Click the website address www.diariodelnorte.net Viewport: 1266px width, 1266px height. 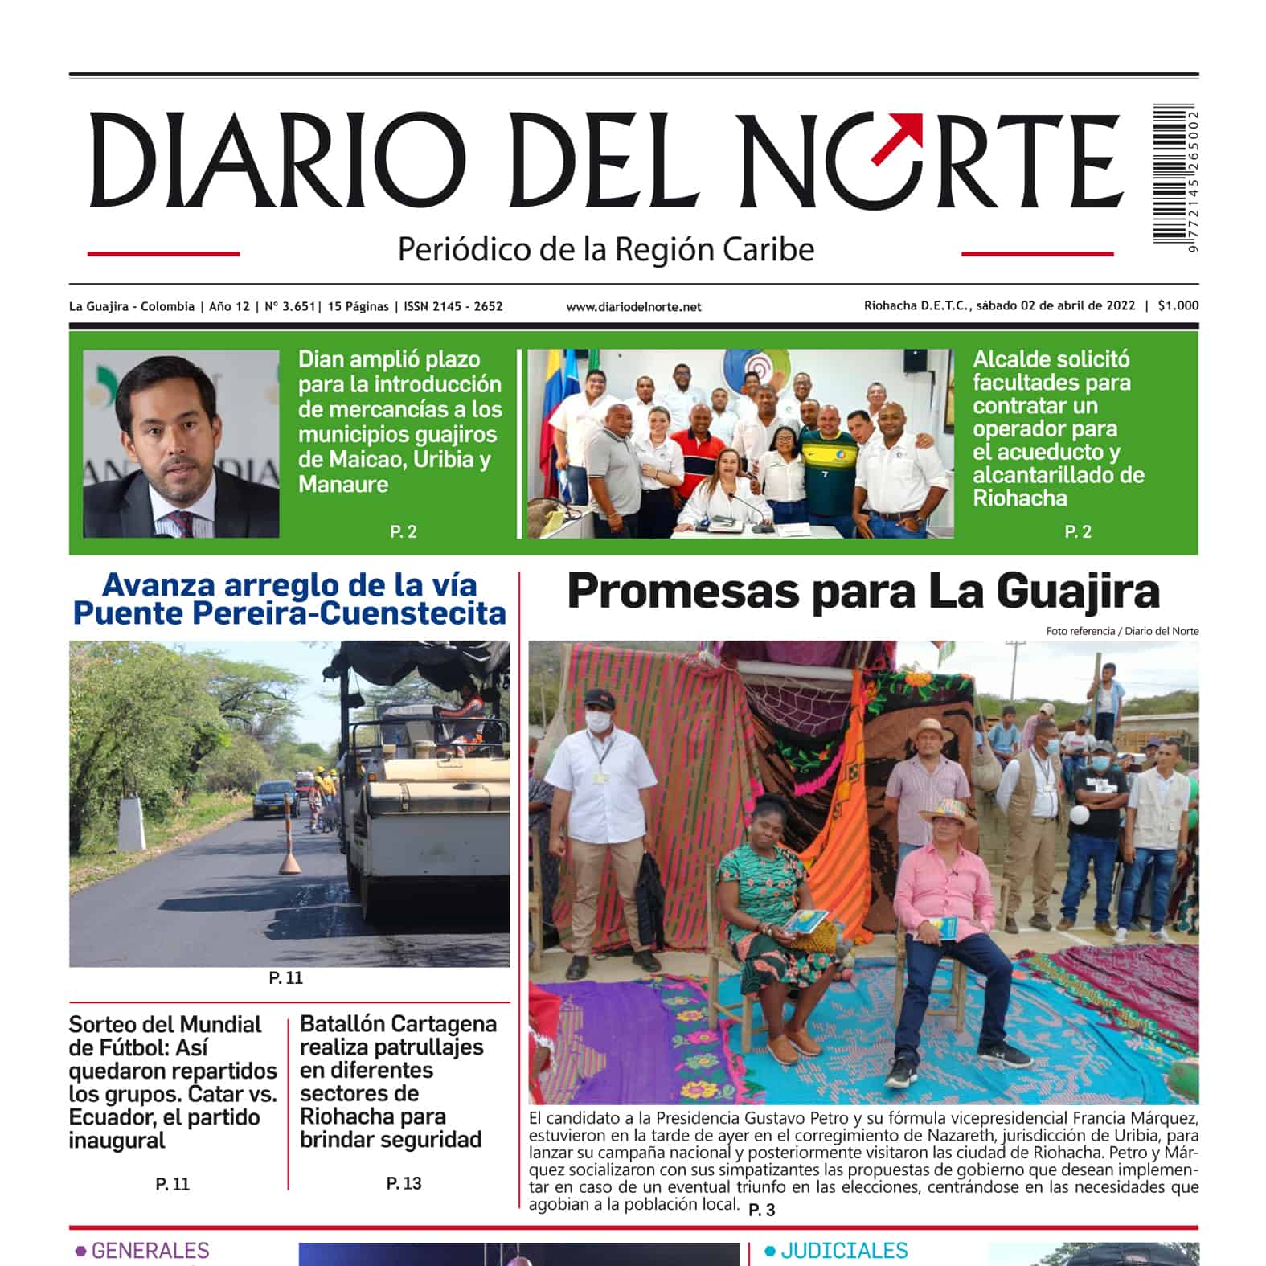pyautogui.click(x=633, y=307)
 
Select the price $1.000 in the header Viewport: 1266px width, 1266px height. pyautogui.click(x=1178, y=305)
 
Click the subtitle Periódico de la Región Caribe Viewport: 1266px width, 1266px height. pyautogui.click(x=606, y=249)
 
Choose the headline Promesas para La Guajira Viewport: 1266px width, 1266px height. pyautogui.click(x=862, y=592)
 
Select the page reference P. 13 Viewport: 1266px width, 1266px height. pyautogui.click(x=404, y=1183)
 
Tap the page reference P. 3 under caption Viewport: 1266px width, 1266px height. pyautogui.click(x=761, y=1210)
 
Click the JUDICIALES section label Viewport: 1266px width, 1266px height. pyautogui.click(x=844, y=1251)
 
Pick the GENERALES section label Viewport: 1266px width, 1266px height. pyautogui.click(x=150, y=1251)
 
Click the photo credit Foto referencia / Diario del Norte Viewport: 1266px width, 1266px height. pyautogui.click(x=1121, y=631)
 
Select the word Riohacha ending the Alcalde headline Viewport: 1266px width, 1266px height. pyautogui.click(x=1019, y=498)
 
